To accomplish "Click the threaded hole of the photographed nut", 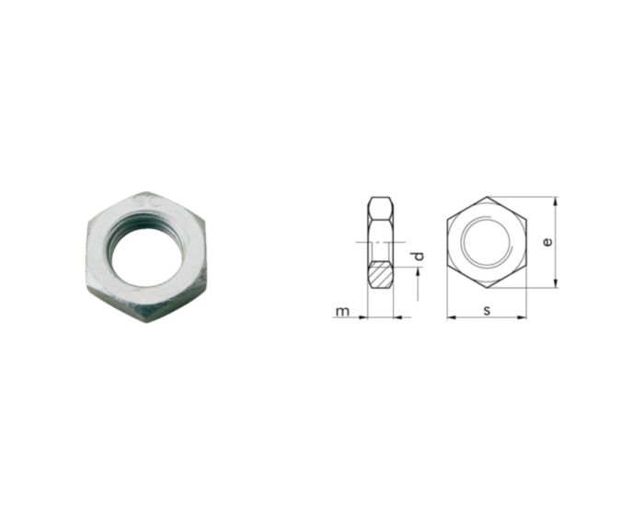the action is pyautogui.click(x=146, y=257).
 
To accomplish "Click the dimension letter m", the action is pyautogui.click(x=342, y=311).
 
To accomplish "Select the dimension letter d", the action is pyautogui.click(x=418, y=257).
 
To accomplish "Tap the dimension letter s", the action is pyautogui.click(x=487, y=310).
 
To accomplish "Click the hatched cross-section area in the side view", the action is pyautogui.click(x=381, y=274).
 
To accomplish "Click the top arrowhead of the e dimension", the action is pyautogui.click(x=555, y=200).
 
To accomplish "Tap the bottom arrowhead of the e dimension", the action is pyautogui.click(x=555, y=283).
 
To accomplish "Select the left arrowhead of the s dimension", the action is pyautogui.click(x=452, y=317).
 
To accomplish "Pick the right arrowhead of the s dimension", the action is pyautogui.click(x=522, y=317).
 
